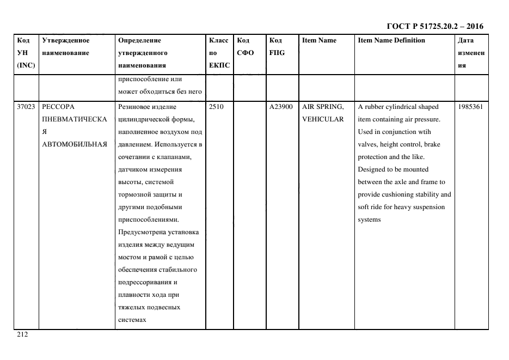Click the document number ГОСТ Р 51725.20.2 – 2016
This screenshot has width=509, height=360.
click(x=434, y=26)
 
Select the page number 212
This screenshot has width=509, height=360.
click(x=22, y=335)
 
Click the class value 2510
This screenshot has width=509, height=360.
click(x=216, y=107)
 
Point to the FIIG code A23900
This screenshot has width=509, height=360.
click(x=281, y=107)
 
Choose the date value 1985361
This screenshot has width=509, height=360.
click(x=470, y=107)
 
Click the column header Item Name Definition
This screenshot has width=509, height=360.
click(x=391, y=40)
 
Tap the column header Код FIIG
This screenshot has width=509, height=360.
click(x=277, y=46)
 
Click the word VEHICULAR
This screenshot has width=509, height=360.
click(x=323, y=119)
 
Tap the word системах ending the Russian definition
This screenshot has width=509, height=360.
click(x=132, y=320)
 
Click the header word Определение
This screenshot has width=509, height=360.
click(x=139, y=40)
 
